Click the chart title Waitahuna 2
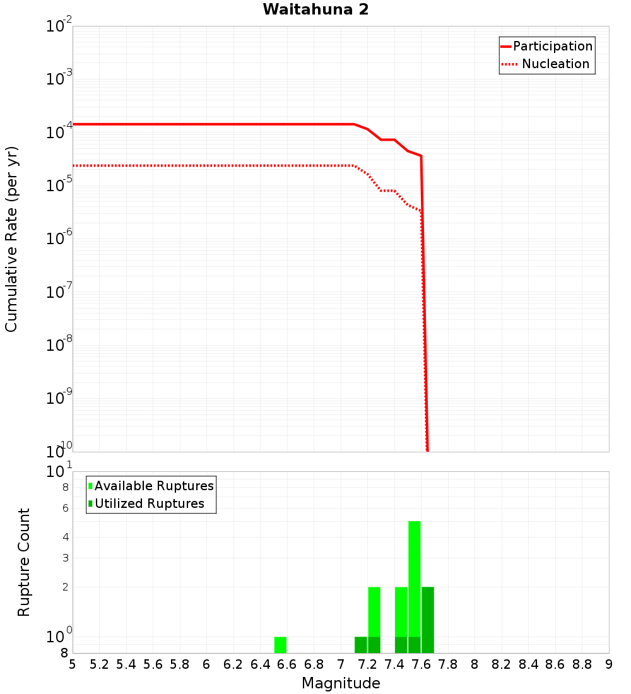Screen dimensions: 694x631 pyautogui.click(x=315, y=9)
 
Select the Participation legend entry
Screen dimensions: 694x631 pyautogui.click(x=552, y=46)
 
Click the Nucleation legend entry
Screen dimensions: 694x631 pyautogui.click(x=555, y=64)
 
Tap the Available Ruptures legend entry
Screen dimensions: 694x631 pyautogui.click(x=154, y=486)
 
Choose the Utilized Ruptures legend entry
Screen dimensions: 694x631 pyautogui.click(x=149, y=503)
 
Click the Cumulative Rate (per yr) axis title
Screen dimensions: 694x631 pyautogui.click(x=11, y=238)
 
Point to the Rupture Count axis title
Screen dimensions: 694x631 pyautogui.click(x=24, y=562)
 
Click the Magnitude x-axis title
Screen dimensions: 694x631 pyautogui.click(x=341, y=683)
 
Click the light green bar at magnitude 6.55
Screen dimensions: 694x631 pyautogui.click(x=281, y=645)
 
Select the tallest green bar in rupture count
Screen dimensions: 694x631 pyautogui.click(x=415, y=580)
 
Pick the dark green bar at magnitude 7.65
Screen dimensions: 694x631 pyautogui.click(x=428, y=620)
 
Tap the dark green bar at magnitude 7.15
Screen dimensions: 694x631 pyautogui.click(x=361, y=645)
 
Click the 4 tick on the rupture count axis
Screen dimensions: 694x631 pyautogui.click(x=64, y=538)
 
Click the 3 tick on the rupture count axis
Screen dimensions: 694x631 pyautogui.click(x=64, y=558)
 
